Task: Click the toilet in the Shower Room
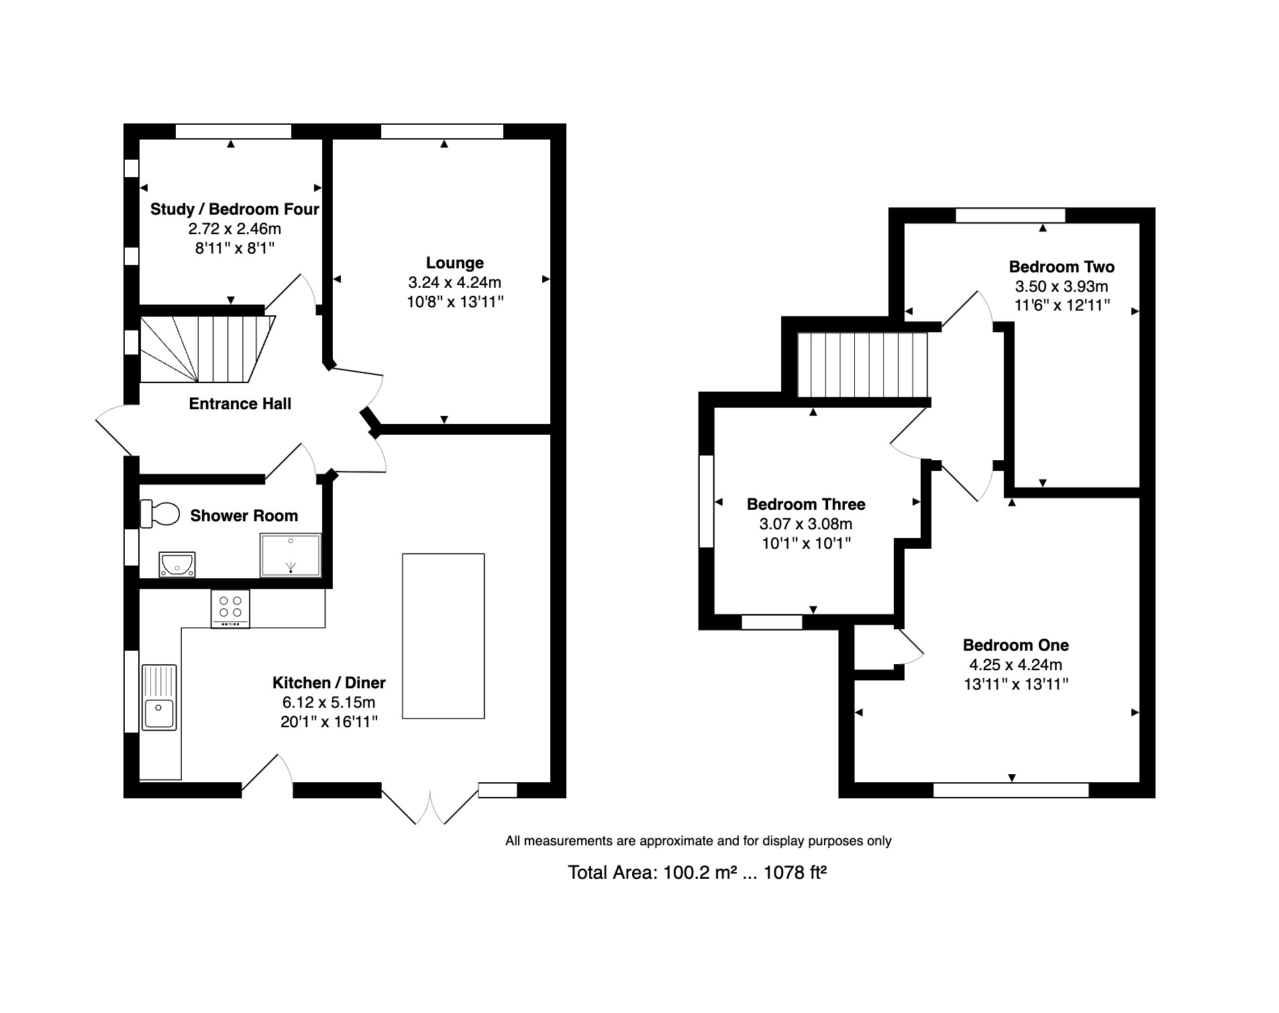[x=160, y=514]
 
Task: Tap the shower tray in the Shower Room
[x=291, y=555]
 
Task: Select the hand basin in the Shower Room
[x=177, y=564]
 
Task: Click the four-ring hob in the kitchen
[x=230, y=608]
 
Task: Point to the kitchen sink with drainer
[x=159, y=698]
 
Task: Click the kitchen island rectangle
[x=443, y=636]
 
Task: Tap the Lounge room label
[x=455, y=263]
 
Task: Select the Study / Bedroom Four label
[x=234, y=209]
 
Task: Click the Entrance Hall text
[x=240, y=404]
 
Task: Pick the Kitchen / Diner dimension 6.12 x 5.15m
[x=329, y=702]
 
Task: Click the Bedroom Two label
[x=1062, y=267]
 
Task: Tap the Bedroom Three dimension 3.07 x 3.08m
[x=806, y=524]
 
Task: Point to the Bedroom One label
[x=1016, y=645]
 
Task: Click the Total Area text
[x=697, y=872]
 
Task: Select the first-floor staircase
[x=862, y=365]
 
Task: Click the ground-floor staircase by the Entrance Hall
[x=207, y=349]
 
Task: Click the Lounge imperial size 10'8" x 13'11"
[x=455, y=302]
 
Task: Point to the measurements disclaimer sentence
[x=698, y=841]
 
